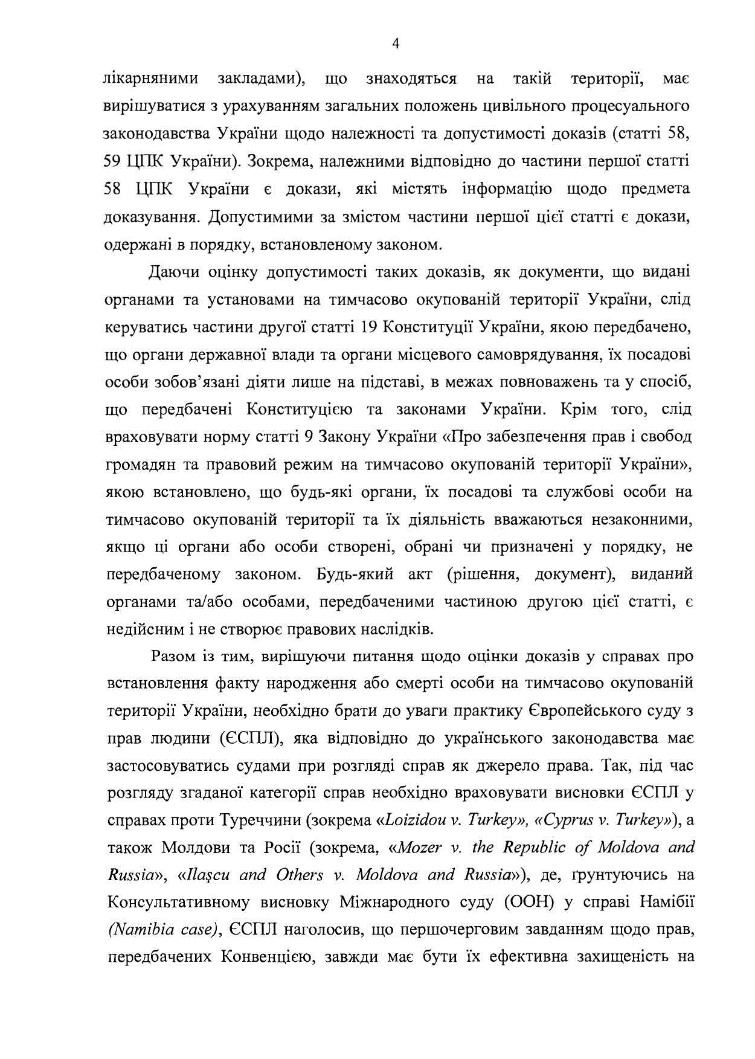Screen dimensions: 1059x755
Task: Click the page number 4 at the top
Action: coord(396,43)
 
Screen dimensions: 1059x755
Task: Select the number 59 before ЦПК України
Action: coord(114,162)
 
